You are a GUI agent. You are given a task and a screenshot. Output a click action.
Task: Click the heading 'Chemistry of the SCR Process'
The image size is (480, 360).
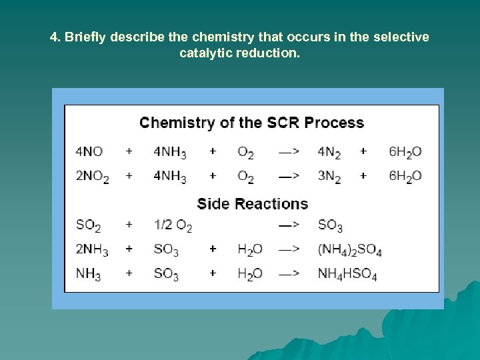click(251, 123)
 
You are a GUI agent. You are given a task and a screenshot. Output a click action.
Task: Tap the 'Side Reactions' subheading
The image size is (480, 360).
click(252, 203)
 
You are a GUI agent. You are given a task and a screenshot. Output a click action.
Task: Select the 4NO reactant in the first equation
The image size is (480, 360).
click(89, 152)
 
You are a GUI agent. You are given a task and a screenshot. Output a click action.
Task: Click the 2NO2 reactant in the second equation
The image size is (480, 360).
click(91, 177)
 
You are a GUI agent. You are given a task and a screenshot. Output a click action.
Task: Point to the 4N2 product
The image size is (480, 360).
click(329, 152)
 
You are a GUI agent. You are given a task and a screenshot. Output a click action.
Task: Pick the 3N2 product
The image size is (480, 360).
click(329, 177)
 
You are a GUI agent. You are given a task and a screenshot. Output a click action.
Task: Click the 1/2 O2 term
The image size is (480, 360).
click(172, 226)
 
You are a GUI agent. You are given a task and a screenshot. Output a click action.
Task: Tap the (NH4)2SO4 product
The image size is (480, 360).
click(349, 250)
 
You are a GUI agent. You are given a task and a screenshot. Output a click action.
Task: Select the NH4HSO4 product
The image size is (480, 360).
click(347, 274)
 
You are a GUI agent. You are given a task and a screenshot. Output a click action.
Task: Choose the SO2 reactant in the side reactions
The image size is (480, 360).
click(88, 226)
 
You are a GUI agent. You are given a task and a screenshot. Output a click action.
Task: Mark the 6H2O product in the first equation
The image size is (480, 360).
click(405, 152)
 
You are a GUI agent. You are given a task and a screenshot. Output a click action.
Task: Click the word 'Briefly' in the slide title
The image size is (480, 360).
click(85, 37)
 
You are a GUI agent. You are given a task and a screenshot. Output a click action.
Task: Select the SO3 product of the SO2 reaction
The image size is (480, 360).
click(330, 226)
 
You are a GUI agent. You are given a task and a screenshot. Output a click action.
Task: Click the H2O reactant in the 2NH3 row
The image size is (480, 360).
click(249, 250)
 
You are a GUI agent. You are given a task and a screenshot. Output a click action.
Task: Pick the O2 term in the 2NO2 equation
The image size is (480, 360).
click(245, 177)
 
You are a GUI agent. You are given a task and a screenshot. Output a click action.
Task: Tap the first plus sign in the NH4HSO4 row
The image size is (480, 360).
click(129, 273)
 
